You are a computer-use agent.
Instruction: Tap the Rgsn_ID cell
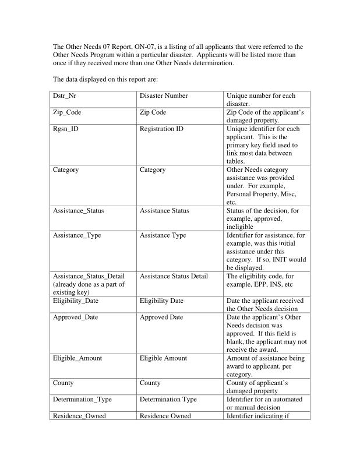(x=66, y=129)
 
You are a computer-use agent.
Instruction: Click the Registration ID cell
(x=161, y=129)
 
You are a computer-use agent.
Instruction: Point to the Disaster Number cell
(x=164, y=96)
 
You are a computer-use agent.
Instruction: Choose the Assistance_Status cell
(x=79, y=210)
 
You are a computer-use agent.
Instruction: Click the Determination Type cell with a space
(x=168, y=400)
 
